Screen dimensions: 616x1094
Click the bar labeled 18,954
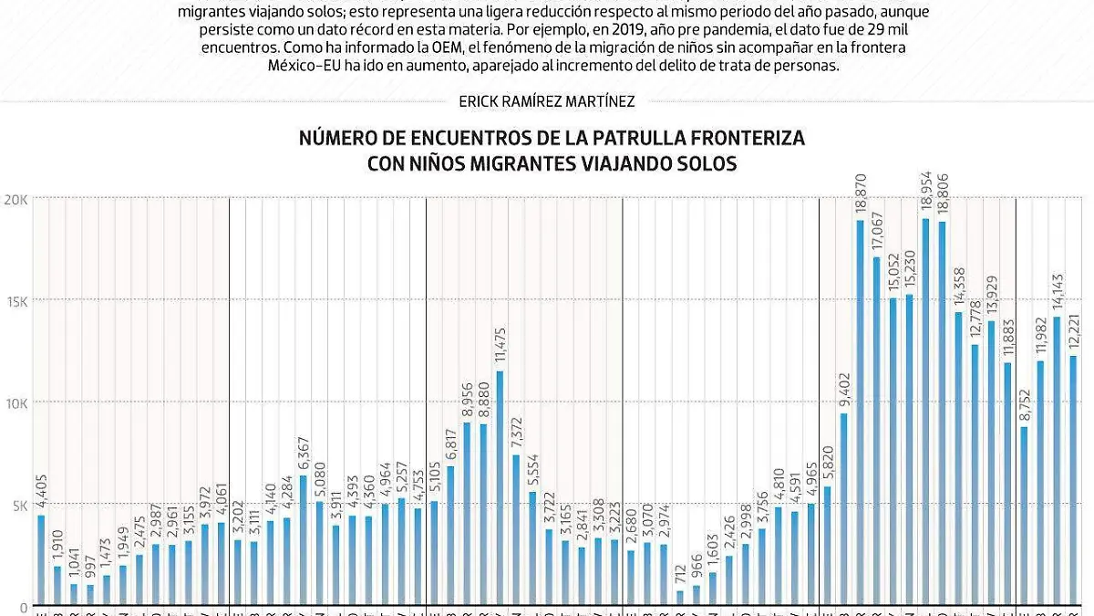[x=925, y=411]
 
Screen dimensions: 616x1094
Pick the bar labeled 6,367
[x=303, y=539]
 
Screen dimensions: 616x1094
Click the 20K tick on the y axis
[x=16, y=199]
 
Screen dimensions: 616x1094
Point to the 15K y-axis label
[x=16, y=301]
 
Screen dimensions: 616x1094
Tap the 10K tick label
[x=16, y=403]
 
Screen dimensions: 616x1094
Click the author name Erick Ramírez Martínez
[x=547, y=102]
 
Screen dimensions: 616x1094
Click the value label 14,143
[x=1058, y=291]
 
